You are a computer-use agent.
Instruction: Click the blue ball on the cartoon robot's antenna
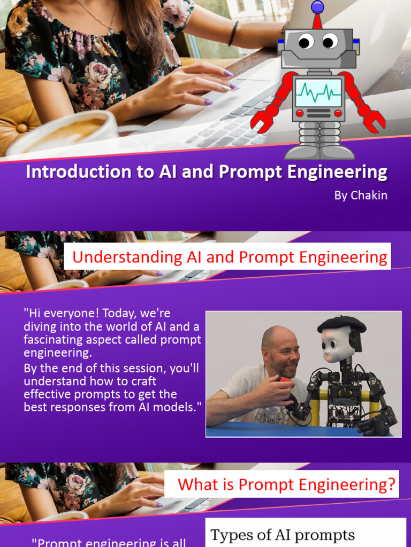[x=317, y=6]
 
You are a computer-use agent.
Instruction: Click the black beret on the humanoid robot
[x=341, y=324]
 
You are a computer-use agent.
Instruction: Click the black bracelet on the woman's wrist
[x=233, y=33]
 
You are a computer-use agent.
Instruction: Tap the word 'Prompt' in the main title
[x=268, y=172]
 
